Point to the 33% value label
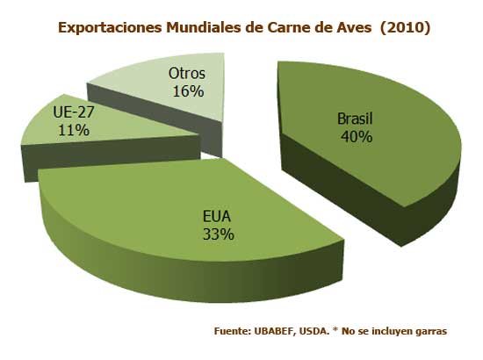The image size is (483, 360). (x=219, y=234)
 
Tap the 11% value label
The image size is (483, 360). (x=73, y=130)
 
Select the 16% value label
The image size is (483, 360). (x=187, y=90)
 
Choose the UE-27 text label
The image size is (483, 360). (x=73, y=113)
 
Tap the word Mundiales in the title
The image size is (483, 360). (x=215, y=27)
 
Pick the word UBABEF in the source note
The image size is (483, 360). (x=271, y=331)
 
